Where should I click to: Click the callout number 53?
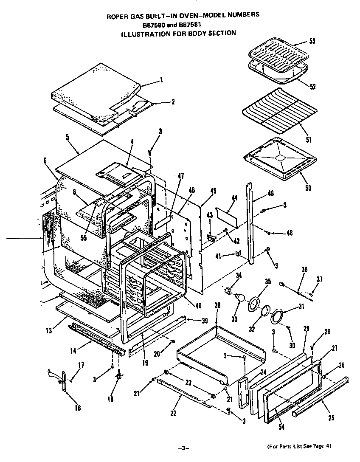click(x=312, y=41)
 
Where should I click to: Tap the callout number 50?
click(x=308, y=187)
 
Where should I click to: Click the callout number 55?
click(x=84, y=237)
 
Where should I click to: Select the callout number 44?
click(x=235, y=198)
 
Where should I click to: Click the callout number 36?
click(x=304, y=269)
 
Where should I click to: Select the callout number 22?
click(x=173, y=414)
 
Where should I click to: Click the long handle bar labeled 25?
click(x=323, y=395)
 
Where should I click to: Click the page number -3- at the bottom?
click(x=182, y=448)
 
